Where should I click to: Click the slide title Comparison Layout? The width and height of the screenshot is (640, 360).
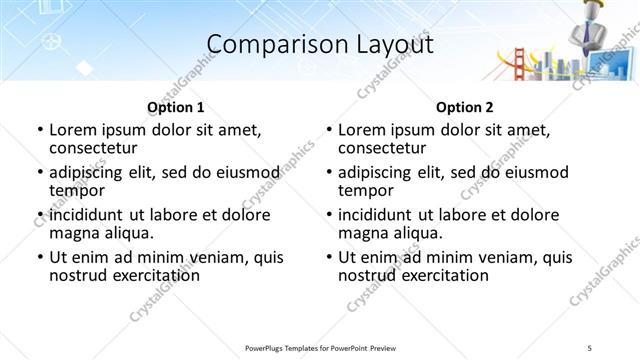point(320,45)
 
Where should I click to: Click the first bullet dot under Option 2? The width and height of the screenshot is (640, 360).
point(329,130)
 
